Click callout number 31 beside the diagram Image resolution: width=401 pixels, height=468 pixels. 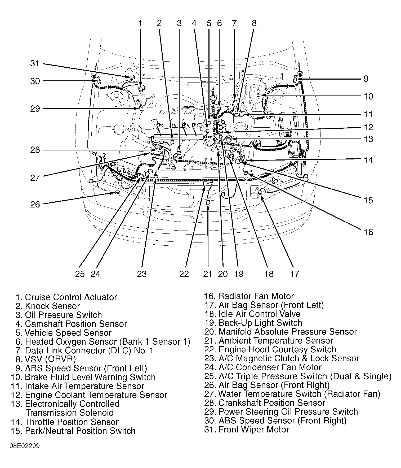(x=35, y=64)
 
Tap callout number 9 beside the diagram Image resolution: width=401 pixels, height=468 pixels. (x=366, y=79)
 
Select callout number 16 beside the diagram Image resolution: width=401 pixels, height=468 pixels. (x=368, y=232)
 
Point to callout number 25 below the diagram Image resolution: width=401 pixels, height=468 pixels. (x=80, y=274)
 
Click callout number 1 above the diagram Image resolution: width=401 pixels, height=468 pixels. (x=140, y=23)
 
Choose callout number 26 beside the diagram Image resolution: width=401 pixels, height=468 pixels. (x=35, y=205)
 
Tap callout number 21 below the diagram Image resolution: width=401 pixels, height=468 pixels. (x=208, y=274)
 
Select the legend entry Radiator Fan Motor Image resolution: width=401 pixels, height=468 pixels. (x=249, y=296)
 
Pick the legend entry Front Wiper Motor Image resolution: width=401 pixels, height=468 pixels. (x=247, y=430)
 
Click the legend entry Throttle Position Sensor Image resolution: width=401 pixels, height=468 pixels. (x=65, y=422)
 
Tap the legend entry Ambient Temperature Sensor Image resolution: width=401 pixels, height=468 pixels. (x=269, y=341)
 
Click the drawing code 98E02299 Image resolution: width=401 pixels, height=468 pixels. (x=25, y=446)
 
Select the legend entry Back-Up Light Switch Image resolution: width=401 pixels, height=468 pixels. (x=253, y=323)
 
